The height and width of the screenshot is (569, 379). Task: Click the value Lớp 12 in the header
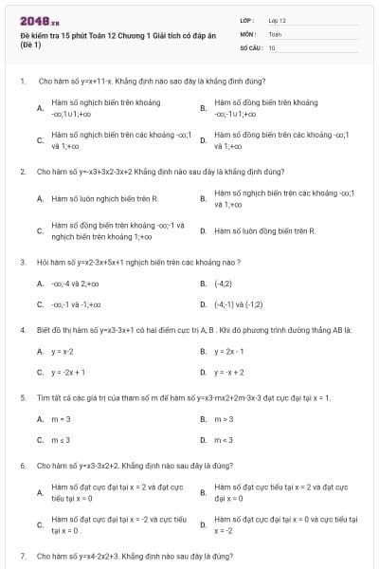click(x=277, y=19)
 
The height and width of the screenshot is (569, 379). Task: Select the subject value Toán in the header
click(x=275, y=33)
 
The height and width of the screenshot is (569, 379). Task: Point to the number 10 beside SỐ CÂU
click(x=272, y=46)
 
